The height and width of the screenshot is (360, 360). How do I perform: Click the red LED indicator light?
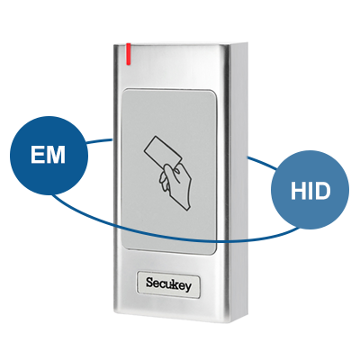point(129,54)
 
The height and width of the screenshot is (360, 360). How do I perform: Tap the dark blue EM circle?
point(49,156)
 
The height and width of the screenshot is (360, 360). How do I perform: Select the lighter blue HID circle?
point(310,191)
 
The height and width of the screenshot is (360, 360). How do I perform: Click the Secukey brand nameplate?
point(168,284)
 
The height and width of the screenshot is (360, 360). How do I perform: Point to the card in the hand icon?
point(163,153)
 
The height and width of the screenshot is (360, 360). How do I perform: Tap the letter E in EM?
point(38,155)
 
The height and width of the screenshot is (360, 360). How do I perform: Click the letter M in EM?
point(56,155)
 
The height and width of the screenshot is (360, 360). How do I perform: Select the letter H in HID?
point(298,191)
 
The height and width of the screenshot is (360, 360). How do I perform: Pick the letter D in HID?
point(322,191)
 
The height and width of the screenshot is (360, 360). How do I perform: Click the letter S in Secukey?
point(150,283)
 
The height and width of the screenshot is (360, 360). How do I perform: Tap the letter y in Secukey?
point(187,286)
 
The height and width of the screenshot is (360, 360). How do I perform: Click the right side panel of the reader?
point(238,180)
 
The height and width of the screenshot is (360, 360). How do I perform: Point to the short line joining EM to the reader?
point(100,140)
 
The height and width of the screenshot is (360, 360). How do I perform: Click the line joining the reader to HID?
point(262,163)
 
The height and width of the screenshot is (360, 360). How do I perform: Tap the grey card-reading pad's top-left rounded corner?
point(125,91)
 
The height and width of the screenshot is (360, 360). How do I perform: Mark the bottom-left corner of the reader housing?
point(114,312)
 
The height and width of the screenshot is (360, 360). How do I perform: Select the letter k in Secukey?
point(173,283)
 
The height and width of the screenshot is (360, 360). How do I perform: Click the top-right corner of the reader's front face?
point(229,45)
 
